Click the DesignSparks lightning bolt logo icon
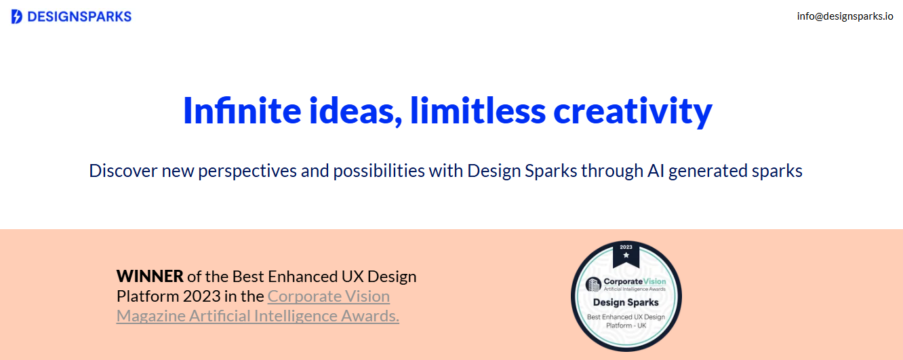tap(16, 16)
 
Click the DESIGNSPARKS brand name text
tap(79, 16)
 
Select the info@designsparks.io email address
tap(845, 16)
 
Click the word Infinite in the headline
tap(242, 111)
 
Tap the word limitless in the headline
tap(478, 111)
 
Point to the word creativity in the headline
tap(633, 112)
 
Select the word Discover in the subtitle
tap(123, 171)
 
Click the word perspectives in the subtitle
tap(247, 172)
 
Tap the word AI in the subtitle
tap(656, 171)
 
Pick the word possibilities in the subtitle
tap(379, 172)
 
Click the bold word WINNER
tap(150, 277)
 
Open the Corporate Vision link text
tap(329, 296)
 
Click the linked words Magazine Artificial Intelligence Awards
tap(258, 316)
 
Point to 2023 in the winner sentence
tap(201, 296)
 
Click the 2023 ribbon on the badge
tap(626, 254)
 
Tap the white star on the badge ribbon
tap(626, 255)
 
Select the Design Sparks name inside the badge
tap(626, 302)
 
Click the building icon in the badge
tap(593, 284)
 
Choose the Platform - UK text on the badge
tap(626, 325)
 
